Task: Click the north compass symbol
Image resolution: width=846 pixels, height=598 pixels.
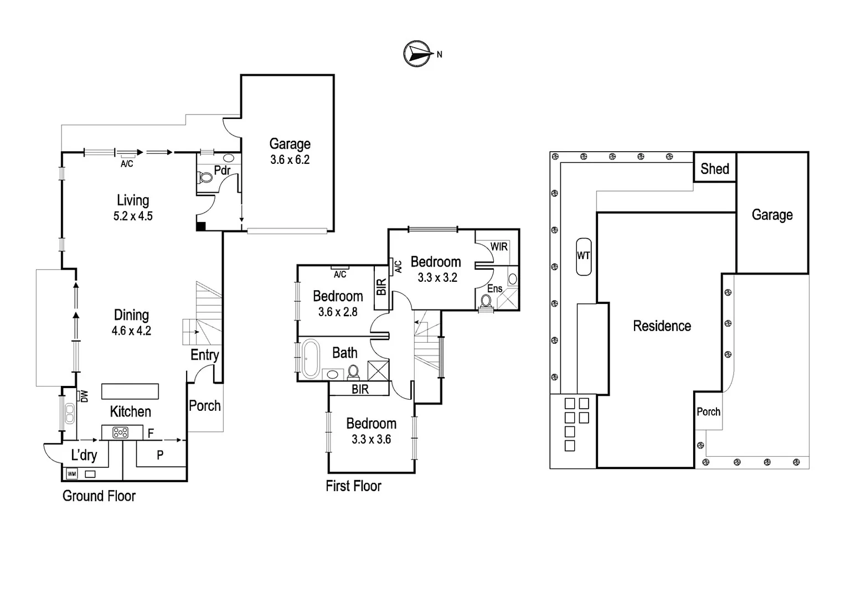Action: (x=417, y=54)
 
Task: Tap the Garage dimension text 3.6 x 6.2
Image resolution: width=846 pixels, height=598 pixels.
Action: (x=290, y=160)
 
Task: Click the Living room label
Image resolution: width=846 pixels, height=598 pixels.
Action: (x=133, y=200)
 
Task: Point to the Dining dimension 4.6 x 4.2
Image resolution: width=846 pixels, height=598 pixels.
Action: (x=131, y=331)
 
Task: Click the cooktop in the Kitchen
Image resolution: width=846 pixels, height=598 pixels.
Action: (x=121, y=432)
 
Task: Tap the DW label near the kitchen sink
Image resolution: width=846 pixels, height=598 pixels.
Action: (x=84, y=396)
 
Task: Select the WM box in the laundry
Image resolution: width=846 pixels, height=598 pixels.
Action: (x=71, y=474)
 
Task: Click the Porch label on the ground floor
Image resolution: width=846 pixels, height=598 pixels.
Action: (x=205, y=406)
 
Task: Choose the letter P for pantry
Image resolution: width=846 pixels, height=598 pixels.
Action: (x=160, y=455)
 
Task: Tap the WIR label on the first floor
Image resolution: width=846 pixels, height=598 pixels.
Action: (x=499, y=246)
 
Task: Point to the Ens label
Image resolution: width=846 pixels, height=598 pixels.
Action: (x=494, y=288)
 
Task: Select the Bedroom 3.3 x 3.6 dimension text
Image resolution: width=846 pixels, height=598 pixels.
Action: (x=371, y=440)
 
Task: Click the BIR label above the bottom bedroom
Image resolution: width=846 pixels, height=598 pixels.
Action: (x=360, y=389)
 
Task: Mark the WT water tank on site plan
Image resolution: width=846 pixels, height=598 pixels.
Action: (x=584, y=256)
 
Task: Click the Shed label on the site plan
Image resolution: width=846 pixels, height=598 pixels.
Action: (x=715, y=169)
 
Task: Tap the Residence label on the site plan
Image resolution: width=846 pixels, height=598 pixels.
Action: (x=662, y=326)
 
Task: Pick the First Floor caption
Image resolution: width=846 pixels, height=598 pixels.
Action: (x=353, y=486)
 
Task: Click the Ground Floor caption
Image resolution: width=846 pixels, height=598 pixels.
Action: (x=99, y=496)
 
